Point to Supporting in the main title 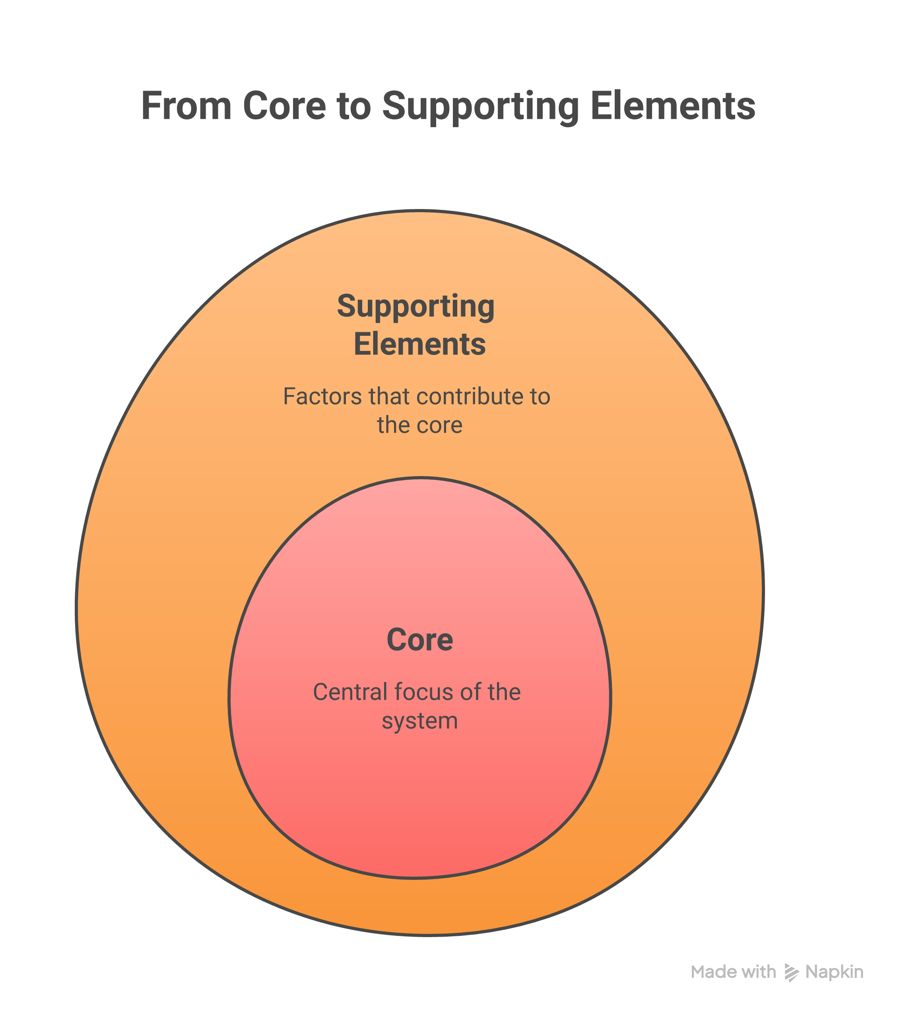pyautogui.click(x=480, y=107)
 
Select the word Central pyautogui.click(x=350, y=692)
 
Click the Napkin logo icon pyautogui.click(x=791, y=972)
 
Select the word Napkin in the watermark pyautogui.click(x=834, y=972)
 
